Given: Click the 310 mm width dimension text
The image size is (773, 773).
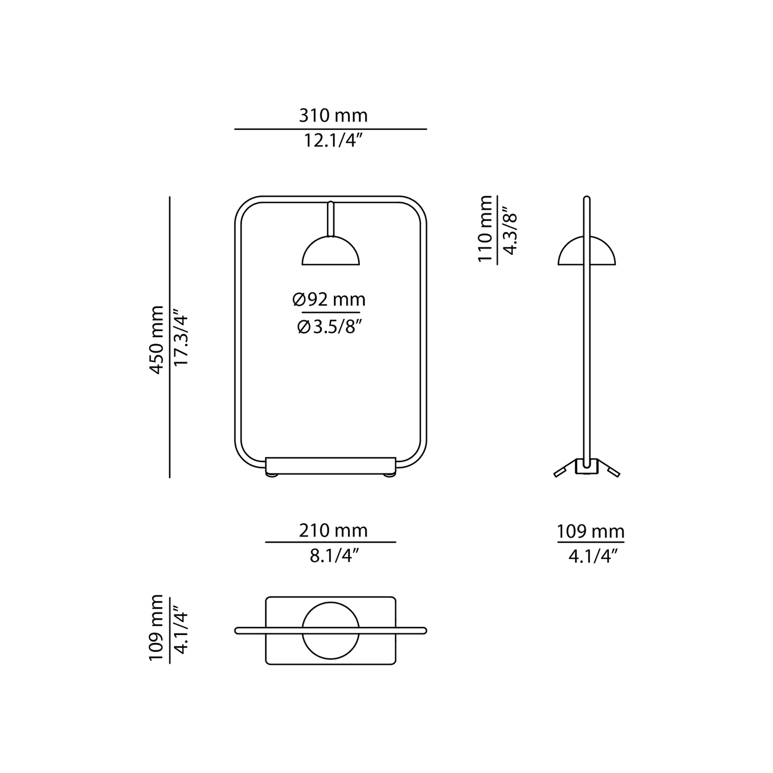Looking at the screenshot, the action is (333, 116).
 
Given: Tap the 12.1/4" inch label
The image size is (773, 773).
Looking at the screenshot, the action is (333, 141).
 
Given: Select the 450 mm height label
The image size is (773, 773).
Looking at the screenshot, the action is (157, 340).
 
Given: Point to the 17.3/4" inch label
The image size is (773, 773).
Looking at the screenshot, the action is (181, 337).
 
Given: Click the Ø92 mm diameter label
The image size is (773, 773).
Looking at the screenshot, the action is (329, 300).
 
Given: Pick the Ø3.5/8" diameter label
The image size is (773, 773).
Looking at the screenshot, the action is (330, 327).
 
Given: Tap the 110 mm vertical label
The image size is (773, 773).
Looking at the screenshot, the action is (485, 228).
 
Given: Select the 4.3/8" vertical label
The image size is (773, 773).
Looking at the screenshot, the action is (510, 231).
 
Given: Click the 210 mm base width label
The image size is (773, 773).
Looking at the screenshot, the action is (333, 531).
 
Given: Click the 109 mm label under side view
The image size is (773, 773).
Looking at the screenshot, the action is (591, 532).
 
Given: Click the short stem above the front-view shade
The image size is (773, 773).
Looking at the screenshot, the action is (331, 219).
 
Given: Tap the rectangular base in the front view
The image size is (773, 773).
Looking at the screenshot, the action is (331, 465).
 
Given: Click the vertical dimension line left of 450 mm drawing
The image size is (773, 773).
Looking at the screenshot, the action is (170, 338).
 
